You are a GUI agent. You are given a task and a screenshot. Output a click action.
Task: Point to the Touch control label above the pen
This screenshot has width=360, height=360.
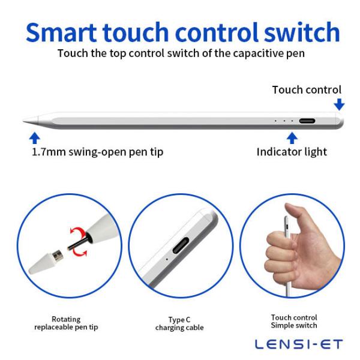(x=307, y=90)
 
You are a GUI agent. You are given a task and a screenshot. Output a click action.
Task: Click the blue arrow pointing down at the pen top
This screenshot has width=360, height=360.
(x=340, y=104)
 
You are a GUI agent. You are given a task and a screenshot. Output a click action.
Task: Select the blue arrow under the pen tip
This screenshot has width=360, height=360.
(x=35, y=137)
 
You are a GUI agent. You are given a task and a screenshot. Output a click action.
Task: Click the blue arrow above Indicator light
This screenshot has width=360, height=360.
(x=292, y=138)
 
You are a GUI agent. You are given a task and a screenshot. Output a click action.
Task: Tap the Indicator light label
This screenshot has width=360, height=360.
(x=292, y=152)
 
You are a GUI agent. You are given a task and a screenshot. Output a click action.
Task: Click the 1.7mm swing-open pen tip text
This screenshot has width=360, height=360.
(x=97, y=152)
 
